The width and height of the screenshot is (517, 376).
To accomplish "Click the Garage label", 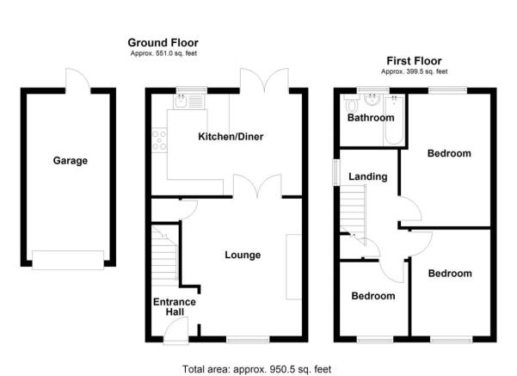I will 70,160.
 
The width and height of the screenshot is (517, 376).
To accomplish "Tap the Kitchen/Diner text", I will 231,137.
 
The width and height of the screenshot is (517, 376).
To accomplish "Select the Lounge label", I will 243,256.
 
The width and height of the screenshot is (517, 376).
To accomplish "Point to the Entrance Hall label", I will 175,307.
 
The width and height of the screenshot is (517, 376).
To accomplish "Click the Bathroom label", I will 371,118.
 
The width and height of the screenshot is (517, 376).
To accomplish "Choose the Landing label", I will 367,177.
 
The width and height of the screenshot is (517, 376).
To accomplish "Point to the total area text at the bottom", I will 257,368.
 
